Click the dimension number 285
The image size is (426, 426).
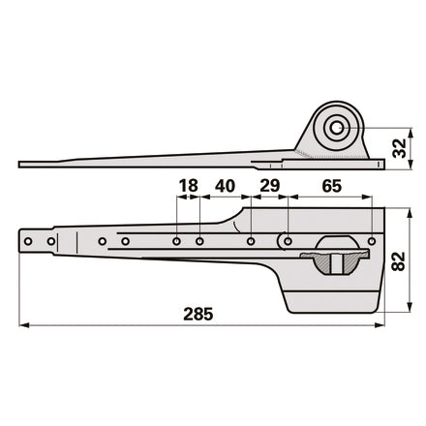[198, 314]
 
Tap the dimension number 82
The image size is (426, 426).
[398, 261]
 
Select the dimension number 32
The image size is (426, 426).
[399, 148]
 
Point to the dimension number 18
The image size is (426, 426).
[188, 186]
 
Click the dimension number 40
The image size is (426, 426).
[225, 186]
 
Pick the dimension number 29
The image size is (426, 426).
[270, 186]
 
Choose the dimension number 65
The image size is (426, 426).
[331, 186]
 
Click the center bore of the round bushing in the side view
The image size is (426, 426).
[337, 128]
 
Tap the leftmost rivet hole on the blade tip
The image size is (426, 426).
[28, 241]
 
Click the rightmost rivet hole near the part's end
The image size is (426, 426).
[372, 241]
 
